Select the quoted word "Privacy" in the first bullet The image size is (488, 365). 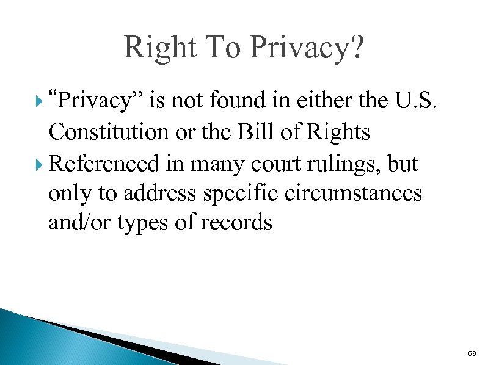pos(95,101)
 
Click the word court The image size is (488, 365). pos(275,163)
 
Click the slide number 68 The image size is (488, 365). pos(471,353)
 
